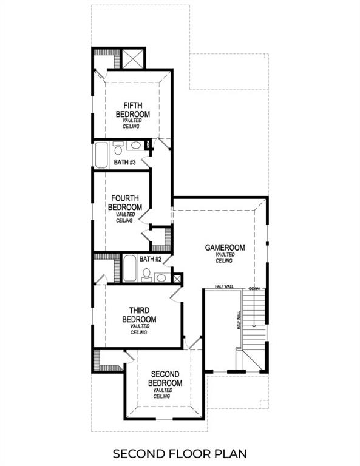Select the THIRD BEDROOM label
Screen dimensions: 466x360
(139, 315)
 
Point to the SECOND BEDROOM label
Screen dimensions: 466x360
(166, 379)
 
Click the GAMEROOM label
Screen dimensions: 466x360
(224, 248)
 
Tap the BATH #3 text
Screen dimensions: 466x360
(124, 163)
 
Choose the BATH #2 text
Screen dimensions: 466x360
(150, 259)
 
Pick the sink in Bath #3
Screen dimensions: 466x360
(137, 146)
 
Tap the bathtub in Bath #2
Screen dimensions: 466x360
(130, 269)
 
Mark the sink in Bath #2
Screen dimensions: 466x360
(161, 278)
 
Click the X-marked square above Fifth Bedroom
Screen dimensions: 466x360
(133, 59)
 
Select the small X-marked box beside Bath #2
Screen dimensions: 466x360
(177, 279)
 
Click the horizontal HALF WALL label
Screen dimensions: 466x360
(225, 287)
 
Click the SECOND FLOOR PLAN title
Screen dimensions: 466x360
(180, 453)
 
